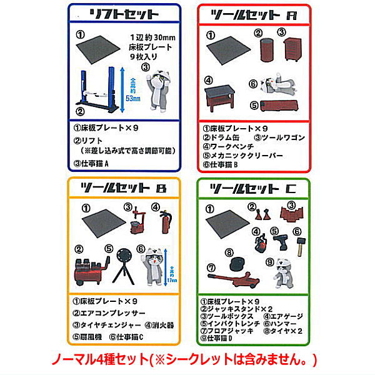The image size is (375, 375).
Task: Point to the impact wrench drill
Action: [x=278, y=240]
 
